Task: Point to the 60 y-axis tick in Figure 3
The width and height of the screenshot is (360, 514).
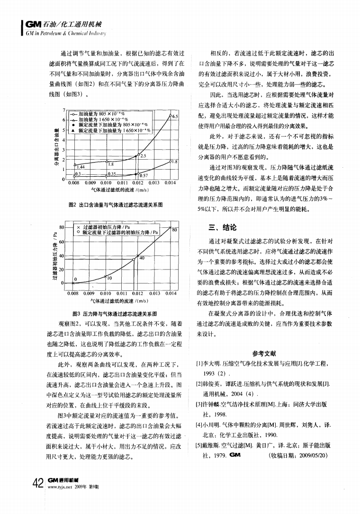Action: [62, 242]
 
